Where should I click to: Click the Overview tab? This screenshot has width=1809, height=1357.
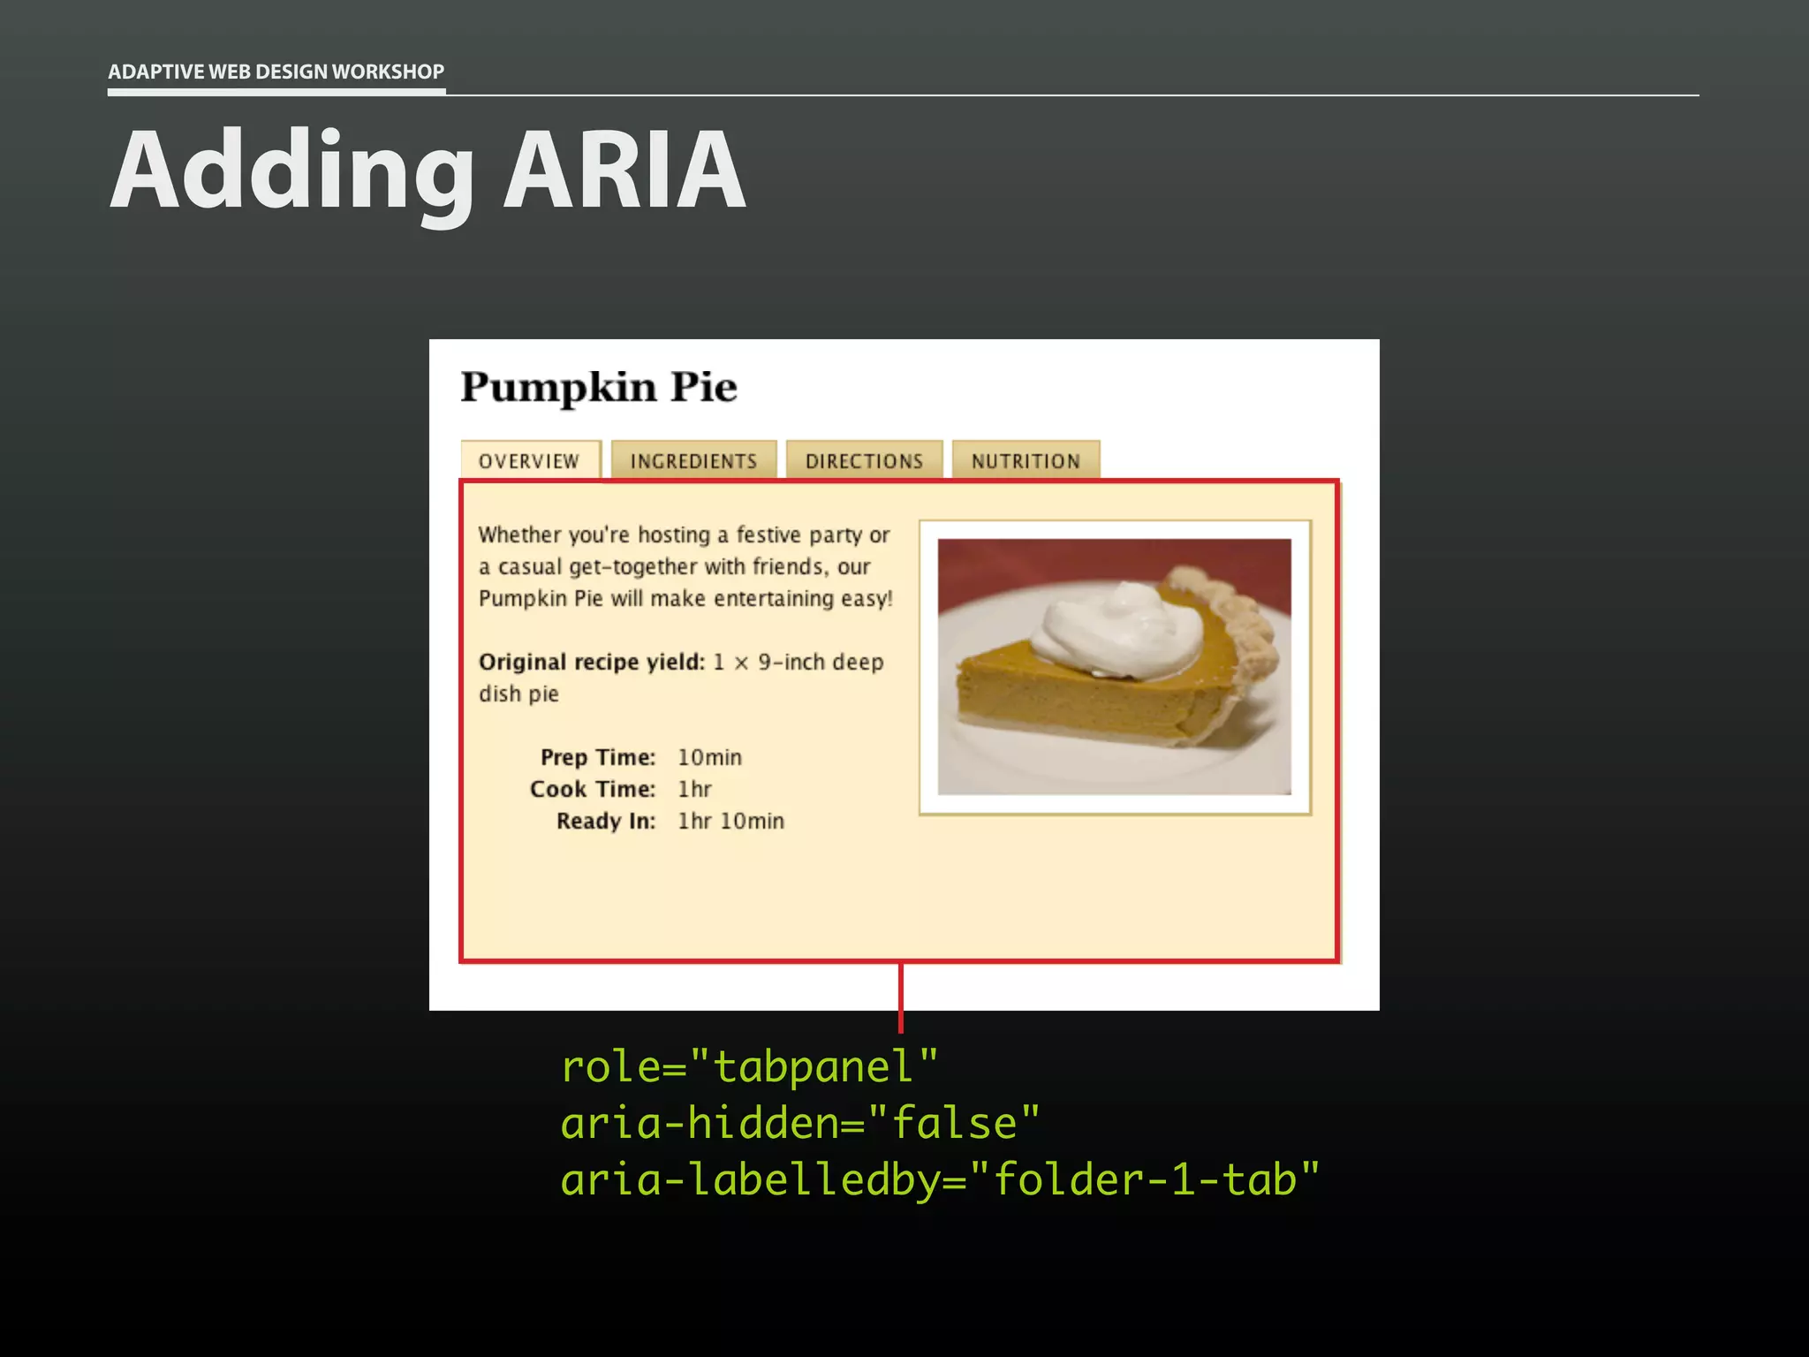pos(529,460)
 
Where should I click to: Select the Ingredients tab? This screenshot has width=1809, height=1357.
pos(693,460)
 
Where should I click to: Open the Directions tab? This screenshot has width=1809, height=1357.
pos(864,460)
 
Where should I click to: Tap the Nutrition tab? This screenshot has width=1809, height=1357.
pos(1026,460)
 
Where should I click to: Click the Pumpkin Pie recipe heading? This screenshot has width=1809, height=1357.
pos(599,387)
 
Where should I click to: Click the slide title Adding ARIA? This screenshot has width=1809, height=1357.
pos(428,170)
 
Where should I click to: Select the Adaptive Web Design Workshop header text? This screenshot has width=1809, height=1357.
pos(276,72)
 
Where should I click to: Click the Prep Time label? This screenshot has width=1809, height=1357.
pos(598,757)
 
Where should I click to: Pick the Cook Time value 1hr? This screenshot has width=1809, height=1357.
pos(694,789)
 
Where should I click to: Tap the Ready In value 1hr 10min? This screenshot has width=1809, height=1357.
pos(730,821)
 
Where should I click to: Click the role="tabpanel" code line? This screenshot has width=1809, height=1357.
pos(749,1066)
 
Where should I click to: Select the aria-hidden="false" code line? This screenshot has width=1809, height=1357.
pos(800,1123)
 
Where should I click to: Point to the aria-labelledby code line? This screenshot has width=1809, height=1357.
pos(940,1179)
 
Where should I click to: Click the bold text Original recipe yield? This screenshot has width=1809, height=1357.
pos(591,662)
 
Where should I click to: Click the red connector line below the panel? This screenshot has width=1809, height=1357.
pos(900,998)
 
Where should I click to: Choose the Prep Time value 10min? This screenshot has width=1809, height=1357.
pos(709,757)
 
